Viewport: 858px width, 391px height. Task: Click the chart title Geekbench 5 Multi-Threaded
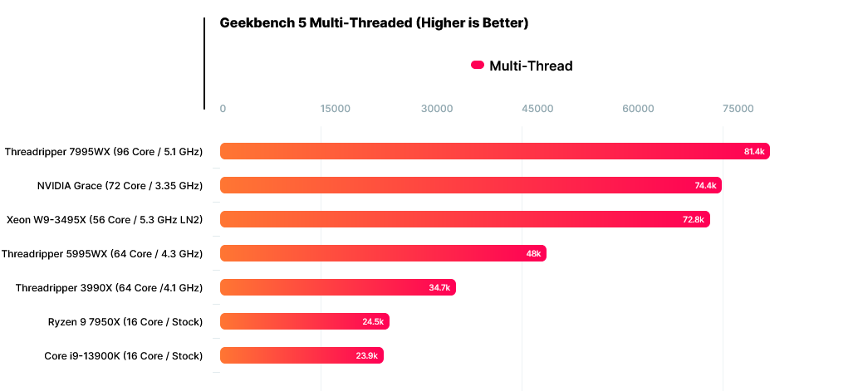(x=374, y=23)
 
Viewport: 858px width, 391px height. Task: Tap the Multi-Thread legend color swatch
(x=478, y=66)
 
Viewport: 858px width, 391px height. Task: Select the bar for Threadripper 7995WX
(x=494, y=151)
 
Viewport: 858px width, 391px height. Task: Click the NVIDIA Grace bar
(x=470, y=185)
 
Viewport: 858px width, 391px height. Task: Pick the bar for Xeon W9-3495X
(x=464, y=219)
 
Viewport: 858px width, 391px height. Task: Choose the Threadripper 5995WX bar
(x=383, y=253)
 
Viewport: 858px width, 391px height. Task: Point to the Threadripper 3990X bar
(x=337, y=287)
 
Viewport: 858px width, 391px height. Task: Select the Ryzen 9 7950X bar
(x=304, y=321)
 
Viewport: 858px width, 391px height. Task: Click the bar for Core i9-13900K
(x=302, y=355)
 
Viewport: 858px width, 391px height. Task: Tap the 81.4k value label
(x=754, y=152)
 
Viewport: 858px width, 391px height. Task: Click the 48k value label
(x=533, y=253)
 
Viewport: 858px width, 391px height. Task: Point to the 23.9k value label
(x=367, y=355)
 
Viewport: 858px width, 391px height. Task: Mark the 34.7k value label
(x=439, y=287)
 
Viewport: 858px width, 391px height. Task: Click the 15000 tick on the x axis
(x=335, y=109)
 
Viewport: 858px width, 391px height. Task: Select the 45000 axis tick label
(x=537, y=109)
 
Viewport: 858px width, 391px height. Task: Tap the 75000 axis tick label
(x=738, y=109)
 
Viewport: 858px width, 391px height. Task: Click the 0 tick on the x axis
(x=223, y=109)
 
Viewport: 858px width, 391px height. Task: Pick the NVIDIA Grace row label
(x=120, y=185)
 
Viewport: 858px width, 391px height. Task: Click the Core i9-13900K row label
(x=123, y=355)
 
